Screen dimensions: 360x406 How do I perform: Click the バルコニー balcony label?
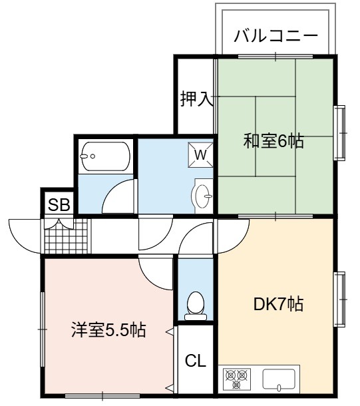point(275,36)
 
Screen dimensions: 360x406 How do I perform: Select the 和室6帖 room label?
point(273,141)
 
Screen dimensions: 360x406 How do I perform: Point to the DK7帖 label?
point(278,304)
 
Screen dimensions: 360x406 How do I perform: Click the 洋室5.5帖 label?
point(108,330)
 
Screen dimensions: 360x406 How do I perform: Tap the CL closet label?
point(196,360)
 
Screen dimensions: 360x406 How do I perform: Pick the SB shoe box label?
point(59,205)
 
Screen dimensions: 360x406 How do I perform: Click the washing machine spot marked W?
point(200,155)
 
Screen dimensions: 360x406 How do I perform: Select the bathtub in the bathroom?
point(106,156)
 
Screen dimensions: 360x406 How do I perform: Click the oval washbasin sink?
point(203,196)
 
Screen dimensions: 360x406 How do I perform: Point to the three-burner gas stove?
point(236,378)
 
